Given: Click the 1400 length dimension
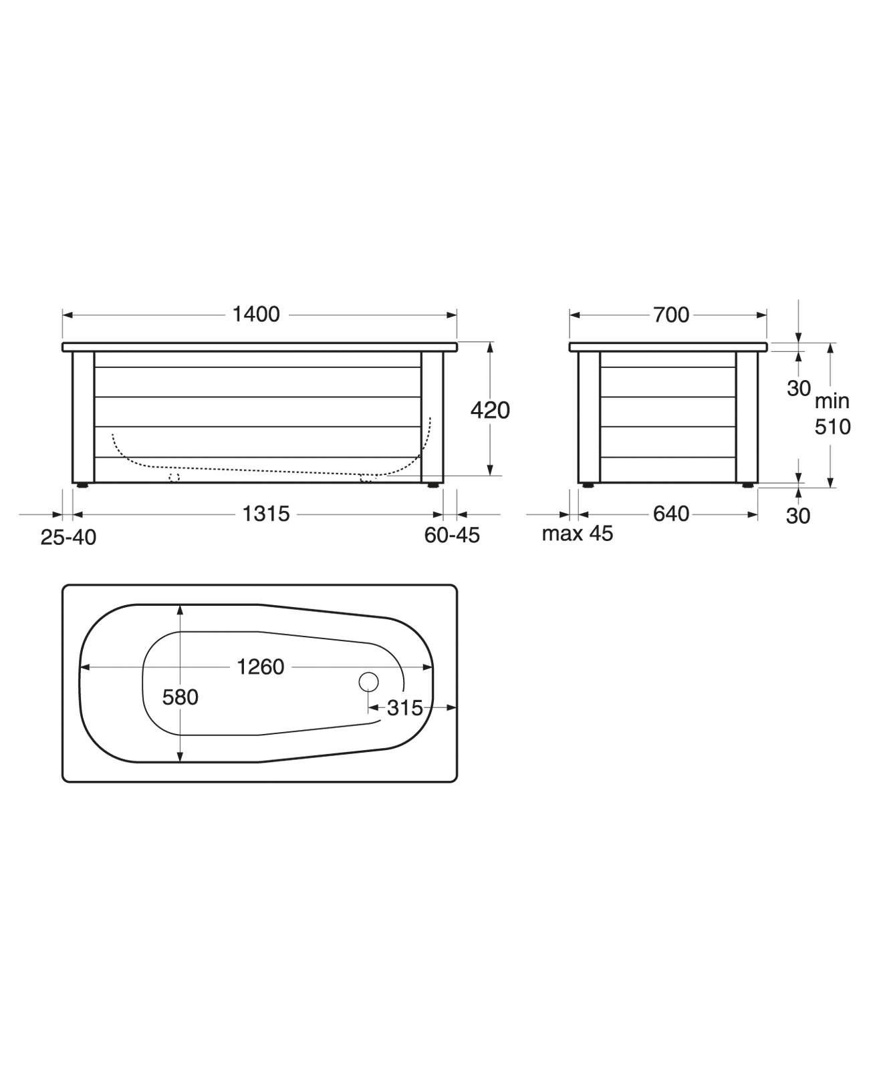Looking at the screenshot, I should (255, 314).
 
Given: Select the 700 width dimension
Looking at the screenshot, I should (670, 315).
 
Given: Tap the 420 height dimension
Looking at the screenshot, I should (490, 409).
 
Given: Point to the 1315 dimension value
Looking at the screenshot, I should (265, 514).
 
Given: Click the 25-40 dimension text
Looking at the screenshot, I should (68, 536).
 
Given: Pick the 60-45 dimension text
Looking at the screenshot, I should (452, 535).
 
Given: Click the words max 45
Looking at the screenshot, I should (577, 534).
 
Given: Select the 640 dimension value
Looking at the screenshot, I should (670, 514).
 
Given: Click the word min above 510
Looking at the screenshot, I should (832, 401).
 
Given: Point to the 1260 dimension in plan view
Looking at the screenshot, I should (260, 667).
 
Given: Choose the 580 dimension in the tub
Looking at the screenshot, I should (180, 697).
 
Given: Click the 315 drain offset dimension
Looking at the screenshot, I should (405, 707).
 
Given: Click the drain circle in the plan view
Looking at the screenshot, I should (368, 681).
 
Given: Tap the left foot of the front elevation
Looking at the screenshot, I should (82, 486).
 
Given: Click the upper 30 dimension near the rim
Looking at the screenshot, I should (798, 388).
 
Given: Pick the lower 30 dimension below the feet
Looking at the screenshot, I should (797, 516).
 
